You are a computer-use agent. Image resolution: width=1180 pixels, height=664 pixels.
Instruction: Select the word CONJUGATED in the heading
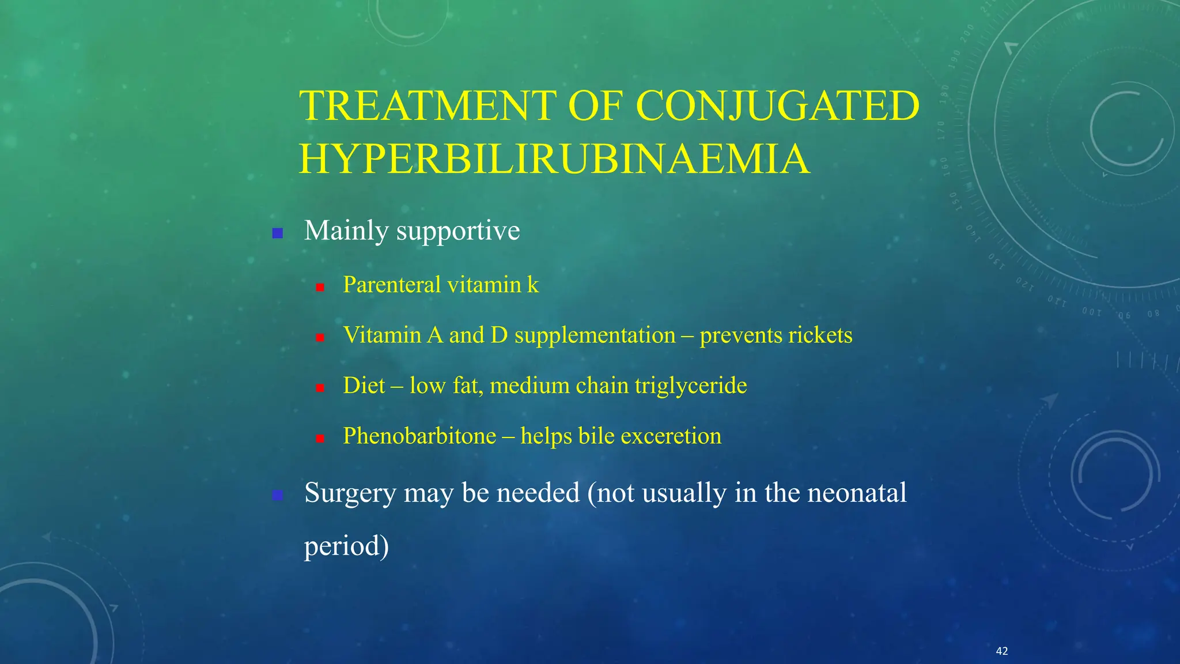pyautogui.click(x=777, y=106)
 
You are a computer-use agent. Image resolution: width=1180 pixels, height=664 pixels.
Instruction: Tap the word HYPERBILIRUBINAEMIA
pyautogui.click(x=554, y=159)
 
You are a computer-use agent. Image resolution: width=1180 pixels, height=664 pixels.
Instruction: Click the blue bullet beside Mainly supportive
pyautogui.click(x=278, y=233)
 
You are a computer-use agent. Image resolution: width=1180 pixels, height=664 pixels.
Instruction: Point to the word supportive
pyautogui.click(x=457, y=231)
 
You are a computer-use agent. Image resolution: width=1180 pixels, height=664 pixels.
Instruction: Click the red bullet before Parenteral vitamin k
pyautogui.click(x=320, y=287)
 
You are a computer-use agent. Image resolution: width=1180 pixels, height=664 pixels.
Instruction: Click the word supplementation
pyautogui.click(x=595, y=335)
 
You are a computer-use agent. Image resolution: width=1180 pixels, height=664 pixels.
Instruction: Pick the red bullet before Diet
pyautogui.click(x=320, y=388)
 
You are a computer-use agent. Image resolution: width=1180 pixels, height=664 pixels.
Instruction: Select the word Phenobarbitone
pyautogui.click(x=419, y=436)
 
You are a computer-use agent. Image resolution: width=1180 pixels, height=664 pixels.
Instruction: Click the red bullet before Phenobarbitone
pyautogui.click(x=320, y=439)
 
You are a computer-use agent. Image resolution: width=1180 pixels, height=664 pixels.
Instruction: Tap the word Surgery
pyautogui.click(x=350, y=493)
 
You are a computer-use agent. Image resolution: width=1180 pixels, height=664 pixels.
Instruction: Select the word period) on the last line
pyautogui.click(x=346, y=546)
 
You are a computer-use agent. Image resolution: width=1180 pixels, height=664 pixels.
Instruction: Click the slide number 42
pyautogui.click(x=1002, y=651)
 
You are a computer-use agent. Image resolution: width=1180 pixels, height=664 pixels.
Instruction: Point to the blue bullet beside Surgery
pyautogui.click(x=278, y=495)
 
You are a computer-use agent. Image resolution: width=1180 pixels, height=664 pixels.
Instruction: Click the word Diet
pyautogui.click(x=364, y=386)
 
